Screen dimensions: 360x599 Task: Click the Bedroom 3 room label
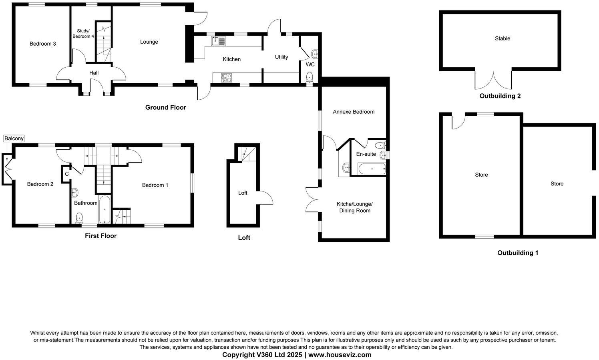[42, 44]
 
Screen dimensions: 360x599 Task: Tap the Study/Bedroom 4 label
[83, 34]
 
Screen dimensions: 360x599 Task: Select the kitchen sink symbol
[218, 41]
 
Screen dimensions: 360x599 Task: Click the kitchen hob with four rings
[227, 77]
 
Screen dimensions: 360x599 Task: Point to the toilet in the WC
[309, 76]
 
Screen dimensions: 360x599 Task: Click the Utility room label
[281, 57]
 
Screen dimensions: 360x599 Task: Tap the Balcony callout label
[14, 139]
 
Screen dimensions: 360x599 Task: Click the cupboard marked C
[67, 174]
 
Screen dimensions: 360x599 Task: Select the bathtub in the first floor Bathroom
[105, 209]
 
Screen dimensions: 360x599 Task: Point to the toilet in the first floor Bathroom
[79, 217]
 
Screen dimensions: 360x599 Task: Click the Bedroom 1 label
[155, 185]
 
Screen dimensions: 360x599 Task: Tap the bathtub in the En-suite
[372, 169]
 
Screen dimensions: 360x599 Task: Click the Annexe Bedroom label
[354, 112]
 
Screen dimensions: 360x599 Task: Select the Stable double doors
[493, 80]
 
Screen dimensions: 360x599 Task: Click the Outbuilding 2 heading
[500, 96]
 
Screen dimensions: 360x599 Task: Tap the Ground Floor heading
[165, 107]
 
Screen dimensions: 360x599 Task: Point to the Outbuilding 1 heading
[518, 253]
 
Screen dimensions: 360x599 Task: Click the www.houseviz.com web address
[340, 355]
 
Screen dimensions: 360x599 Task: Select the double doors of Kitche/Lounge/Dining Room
[313, 199]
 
